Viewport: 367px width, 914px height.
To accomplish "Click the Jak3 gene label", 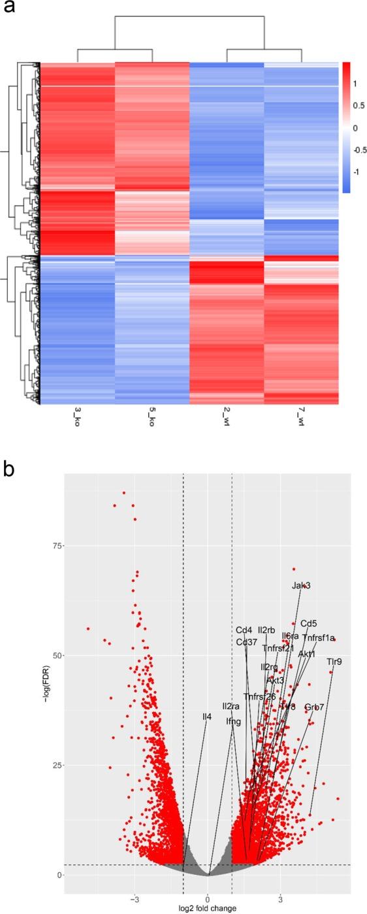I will (301, 586).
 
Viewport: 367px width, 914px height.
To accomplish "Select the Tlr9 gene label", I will (334, 662).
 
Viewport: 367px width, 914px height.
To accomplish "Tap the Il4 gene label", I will (206, 717).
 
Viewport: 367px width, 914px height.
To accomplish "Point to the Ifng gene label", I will (233, 721).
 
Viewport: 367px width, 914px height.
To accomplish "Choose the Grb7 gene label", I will (314, 707).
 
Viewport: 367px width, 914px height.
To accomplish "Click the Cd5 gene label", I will (309, 623).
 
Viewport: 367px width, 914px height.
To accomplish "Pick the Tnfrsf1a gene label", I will (318, 637).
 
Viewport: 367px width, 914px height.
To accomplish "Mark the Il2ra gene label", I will (231, 706).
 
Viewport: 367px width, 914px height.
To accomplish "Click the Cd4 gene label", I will (244, 630).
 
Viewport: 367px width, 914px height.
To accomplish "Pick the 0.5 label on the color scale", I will (355, 105).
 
